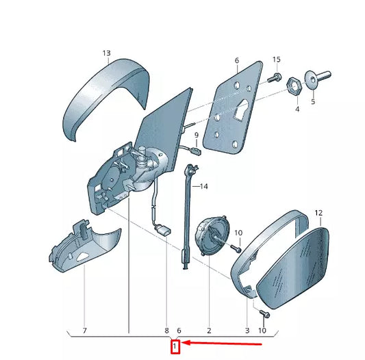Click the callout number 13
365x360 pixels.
(107, 53)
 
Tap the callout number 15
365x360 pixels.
(277, 60)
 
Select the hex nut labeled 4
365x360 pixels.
(294, 86)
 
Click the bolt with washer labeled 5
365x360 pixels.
(317, 79)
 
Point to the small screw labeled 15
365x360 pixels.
(275, 78)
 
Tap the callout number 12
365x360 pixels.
(318, 213)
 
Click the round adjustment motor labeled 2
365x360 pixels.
(212, 235)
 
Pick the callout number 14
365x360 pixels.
(204, 186)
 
